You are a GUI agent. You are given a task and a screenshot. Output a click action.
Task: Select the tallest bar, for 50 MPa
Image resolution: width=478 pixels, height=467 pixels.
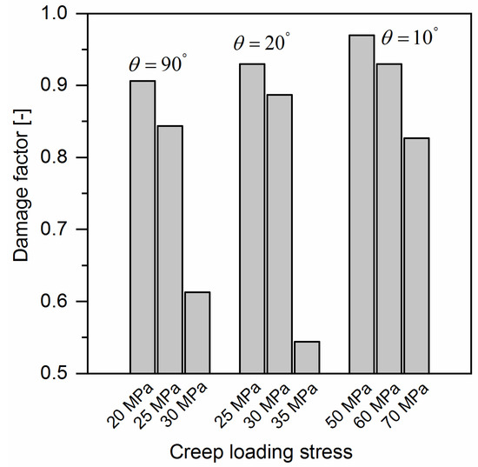click(x=361, y=203)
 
